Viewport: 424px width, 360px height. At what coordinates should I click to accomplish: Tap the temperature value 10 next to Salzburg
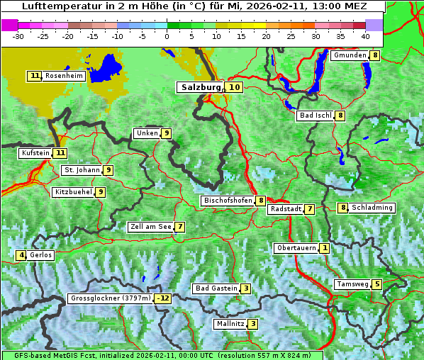pyautogui.click(x=235, y=87)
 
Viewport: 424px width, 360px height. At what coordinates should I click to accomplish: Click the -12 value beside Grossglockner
pyautogui.click(x=164, y=298)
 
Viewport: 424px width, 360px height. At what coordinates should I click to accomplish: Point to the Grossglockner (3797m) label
pyautogui.click(x=111, y=298)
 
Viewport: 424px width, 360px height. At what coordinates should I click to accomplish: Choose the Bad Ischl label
pyautogui.click(x=315, y=116)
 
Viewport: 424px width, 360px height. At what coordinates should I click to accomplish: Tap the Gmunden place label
pyautogui.click(x=350, y=55)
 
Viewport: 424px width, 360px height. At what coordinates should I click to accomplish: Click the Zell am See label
pyautogui.click(x=150, y=227)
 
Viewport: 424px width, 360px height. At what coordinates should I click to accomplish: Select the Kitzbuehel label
pyautogui.click(x=73, y=191)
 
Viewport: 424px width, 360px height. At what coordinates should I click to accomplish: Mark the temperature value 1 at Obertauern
pyautogui.click(x=324, y=248)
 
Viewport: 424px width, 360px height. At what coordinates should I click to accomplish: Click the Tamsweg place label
pyautogui.click(x=352, y=284)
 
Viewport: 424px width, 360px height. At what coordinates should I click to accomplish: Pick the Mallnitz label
pyautogui.click(x=230, y=324)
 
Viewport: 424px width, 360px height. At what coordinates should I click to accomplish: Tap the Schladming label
pyautogui.click(x=372, y=208)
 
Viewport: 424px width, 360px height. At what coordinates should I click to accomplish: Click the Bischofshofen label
pyautogui.click(x=228, y=201)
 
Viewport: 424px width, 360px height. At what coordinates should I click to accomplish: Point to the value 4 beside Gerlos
pyautogui.click(x=22, y=255)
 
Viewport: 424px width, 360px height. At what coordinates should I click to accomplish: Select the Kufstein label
pyautogui.click(x=35, y=152)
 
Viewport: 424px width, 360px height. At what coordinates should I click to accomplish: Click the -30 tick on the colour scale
pyautogui.click(x=18, y=35)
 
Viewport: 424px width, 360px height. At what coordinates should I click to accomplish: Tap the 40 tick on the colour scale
pyautogui.click(x=365, y=35)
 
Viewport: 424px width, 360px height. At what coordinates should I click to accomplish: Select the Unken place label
pyautogui.click(x=147, y=133)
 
